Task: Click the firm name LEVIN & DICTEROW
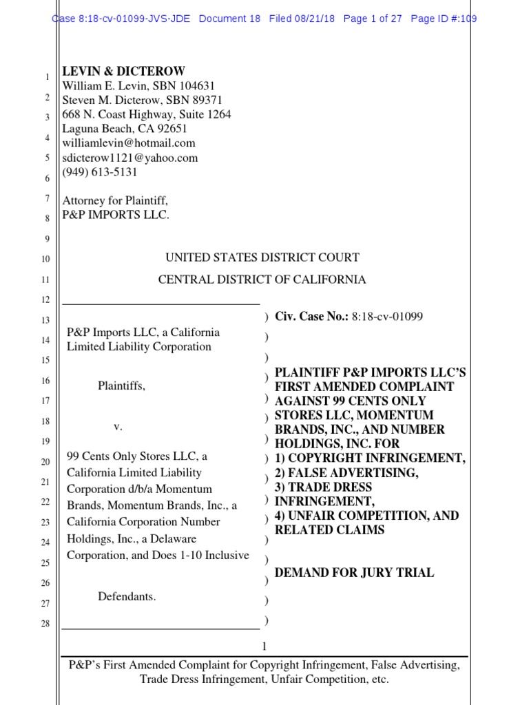124,72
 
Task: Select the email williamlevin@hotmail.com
129,143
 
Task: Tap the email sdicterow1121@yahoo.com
130,158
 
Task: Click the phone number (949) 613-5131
100,172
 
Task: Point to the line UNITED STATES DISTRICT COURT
262,258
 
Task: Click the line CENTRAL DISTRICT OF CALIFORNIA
262,280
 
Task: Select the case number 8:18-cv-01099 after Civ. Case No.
387,317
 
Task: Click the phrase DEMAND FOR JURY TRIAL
354,573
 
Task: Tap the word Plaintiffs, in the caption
121,386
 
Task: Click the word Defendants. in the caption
127,597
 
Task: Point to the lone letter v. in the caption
118,427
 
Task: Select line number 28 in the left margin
45,624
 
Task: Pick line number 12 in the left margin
45,300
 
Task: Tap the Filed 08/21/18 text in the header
302,19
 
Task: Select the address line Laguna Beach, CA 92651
125,129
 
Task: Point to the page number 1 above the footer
264,646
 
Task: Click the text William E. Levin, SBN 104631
139,86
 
